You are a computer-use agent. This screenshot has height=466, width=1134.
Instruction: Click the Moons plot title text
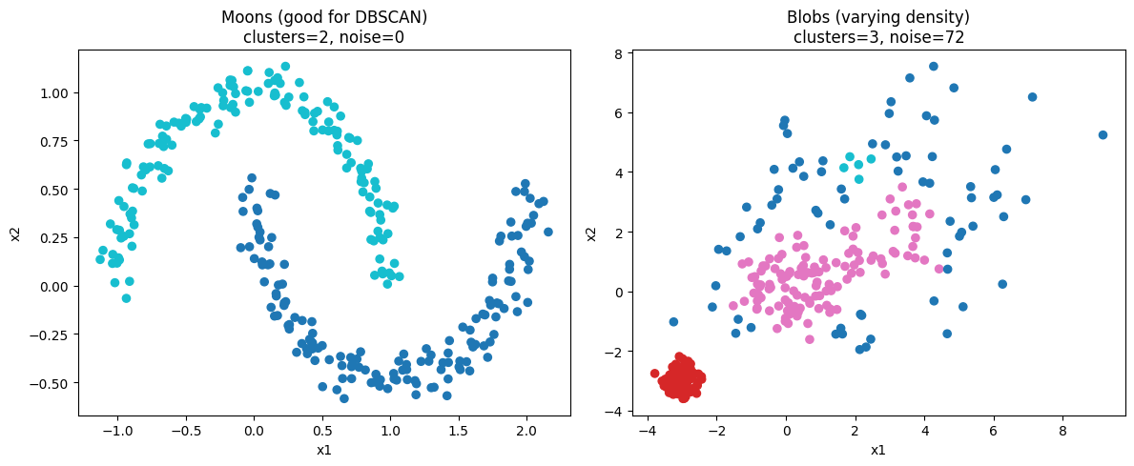[324, 17]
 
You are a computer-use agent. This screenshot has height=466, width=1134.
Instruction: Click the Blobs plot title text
[878, 17]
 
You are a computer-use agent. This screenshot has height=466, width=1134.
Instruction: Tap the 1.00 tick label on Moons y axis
[53, 92]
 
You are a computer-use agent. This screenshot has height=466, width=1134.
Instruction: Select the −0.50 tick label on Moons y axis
[51, 383]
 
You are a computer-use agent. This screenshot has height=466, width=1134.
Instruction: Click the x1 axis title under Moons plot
[324, 449]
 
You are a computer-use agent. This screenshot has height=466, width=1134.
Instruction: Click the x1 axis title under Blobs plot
[878, 449]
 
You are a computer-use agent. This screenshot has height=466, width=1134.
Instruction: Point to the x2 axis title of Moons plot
[15, 233]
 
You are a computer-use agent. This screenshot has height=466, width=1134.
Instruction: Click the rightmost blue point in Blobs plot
[1103, 135]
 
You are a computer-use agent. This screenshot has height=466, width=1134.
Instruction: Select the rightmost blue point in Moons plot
[547, 232]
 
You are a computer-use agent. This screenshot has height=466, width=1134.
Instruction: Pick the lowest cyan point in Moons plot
[126, 298]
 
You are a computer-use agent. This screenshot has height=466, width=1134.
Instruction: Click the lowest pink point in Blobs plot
[809, 339]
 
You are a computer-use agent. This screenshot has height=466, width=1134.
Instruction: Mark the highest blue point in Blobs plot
[934, 67]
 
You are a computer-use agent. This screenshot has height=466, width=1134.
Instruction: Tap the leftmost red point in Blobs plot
[654, 374]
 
